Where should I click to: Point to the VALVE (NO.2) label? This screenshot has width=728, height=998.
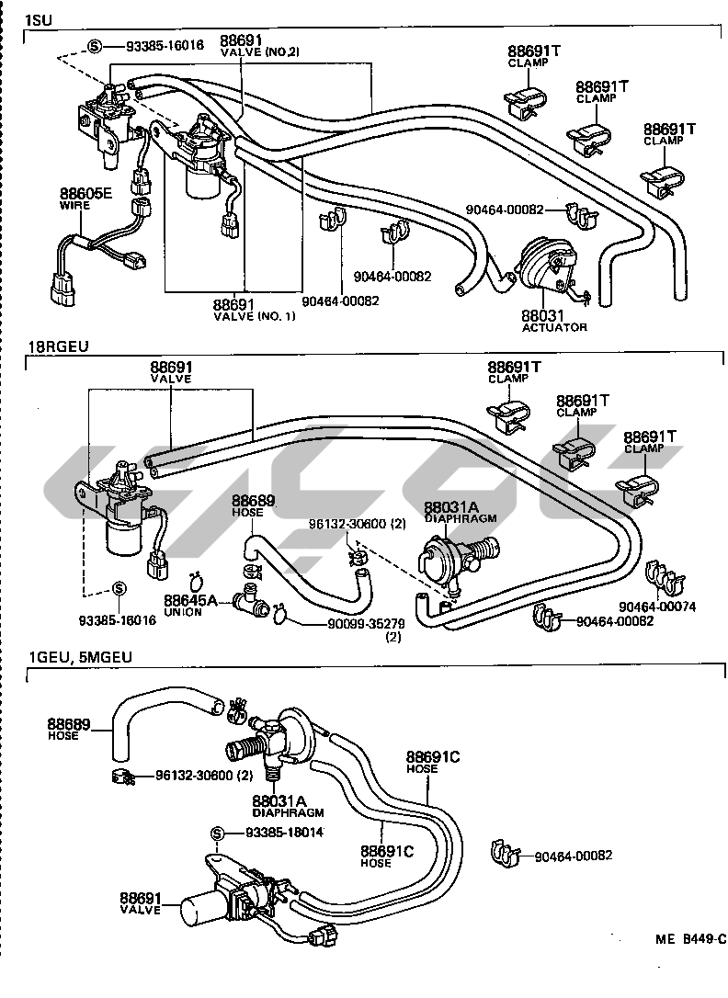pyautogui.click(x=260, y=52)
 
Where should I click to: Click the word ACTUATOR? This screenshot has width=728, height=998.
pyautogui.click(x=554, y=327)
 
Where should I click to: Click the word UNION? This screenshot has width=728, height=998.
pyautogui.click(x=183, y=612)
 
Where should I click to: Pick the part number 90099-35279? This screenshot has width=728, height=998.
pyautogui.click(x=365, y=625)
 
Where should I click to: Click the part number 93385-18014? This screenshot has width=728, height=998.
pyautogui.click(x=284, y=833)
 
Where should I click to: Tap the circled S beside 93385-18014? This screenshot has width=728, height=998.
pyautogui.click(x=218, y=834)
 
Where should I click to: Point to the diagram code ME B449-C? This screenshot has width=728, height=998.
pyautogui.click(x=689, y=938)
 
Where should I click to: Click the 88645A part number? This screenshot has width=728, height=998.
pyautogui.click(x=190, y=601)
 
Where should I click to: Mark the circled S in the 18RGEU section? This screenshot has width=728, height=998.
pyautogui.click(x=119, y=589)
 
